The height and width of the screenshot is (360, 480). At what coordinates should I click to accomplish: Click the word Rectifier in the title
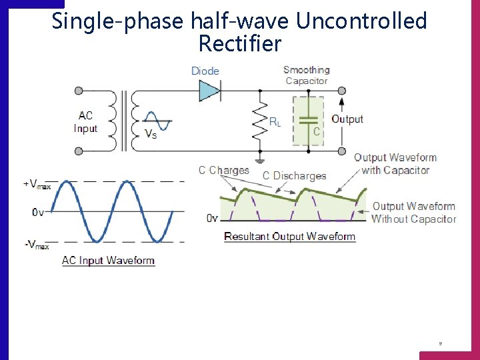pos(240,45)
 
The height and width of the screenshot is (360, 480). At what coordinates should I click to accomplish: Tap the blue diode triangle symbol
pos(209,91)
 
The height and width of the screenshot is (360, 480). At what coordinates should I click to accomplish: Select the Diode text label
pos(205,71)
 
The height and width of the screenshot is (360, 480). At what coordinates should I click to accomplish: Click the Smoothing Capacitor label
pos(306,75)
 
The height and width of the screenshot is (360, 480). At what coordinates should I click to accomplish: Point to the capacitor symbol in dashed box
pos(307,121)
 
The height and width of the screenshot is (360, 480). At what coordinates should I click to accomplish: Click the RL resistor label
pos(275,121)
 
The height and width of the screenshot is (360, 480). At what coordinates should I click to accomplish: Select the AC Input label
pos(85,122)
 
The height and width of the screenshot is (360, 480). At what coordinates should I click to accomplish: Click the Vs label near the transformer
pos(151,133)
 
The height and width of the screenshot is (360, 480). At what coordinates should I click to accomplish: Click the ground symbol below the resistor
pos(258,160)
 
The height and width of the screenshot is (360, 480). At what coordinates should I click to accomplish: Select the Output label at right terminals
pos(347,119)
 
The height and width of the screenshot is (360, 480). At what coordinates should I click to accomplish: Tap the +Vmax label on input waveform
pos(37,185)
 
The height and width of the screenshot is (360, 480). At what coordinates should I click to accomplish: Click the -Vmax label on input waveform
pos(37,245)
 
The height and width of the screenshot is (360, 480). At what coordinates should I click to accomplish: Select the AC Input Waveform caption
pos(108,261)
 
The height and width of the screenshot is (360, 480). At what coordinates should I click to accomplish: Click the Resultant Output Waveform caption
pos(289,237)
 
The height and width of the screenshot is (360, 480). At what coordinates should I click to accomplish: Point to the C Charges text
pos(223,170)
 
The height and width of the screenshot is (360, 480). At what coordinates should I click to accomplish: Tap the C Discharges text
pos(294,176)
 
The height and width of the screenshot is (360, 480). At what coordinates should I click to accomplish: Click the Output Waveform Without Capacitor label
pos(413,213)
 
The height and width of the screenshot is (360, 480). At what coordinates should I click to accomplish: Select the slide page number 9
pos(440,344)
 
